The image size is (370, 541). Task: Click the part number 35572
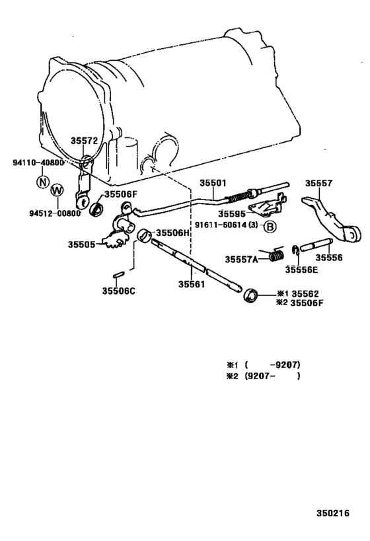(84, 141)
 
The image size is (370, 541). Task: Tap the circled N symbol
(43, 181)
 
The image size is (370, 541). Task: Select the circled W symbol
(57, 190)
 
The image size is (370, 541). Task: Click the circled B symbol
(270, 227)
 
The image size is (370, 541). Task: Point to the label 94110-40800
(38, 162)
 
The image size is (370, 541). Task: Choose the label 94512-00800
(55, 213)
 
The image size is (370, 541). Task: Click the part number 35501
(213, 183)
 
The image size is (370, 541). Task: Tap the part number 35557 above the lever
(318, 183)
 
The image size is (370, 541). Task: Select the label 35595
(232, 214)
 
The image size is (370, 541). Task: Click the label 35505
(81, 244)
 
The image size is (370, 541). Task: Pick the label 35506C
(118, 291)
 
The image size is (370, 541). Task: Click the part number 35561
(192, 284)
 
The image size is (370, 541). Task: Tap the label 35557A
(242, 259)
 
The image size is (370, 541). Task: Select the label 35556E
(301, 270)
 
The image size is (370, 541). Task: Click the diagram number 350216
(333, 513)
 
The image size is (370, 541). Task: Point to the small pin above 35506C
(118, 275)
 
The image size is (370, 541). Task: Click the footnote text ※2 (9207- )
(263, 376)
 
